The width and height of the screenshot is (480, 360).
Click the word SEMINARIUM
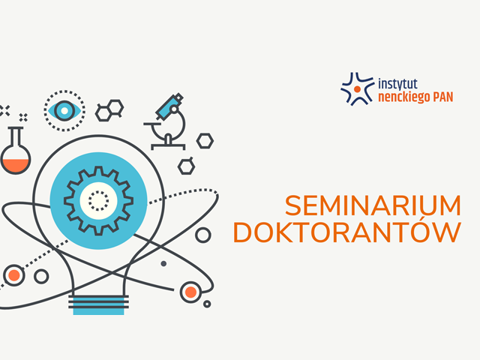click(373, 205)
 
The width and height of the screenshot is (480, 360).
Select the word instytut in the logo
click(397, 84)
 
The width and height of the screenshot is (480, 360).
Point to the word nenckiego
click(404, 98)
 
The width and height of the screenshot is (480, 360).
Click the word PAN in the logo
click(442, 97)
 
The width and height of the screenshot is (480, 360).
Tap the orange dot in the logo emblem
click(357, 89)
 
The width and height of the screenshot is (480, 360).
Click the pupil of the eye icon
click(64, 110)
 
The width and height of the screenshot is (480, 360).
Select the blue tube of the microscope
click(169, 106)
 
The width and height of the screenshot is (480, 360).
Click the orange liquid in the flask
click(16, 165)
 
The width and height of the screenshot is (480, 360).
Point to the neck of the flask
click(16, 138)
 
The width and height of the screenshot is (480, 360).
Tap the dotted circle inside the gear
click(98, 201)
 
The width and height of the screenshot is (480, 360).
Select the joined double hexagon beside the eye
click(109, 110)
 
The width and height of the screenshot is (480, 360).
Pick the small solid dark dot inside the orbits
click(163, 263)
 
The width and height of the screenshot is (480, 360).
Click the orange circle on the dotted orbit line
click(13, 275)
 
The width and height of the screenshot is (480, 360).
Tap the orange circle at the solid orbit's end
click(190, 292)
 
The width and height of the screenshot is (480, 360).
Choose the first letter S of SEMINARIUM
click(292, 205)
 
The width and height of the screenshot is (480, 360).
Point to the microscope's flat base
click(168, 146)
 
